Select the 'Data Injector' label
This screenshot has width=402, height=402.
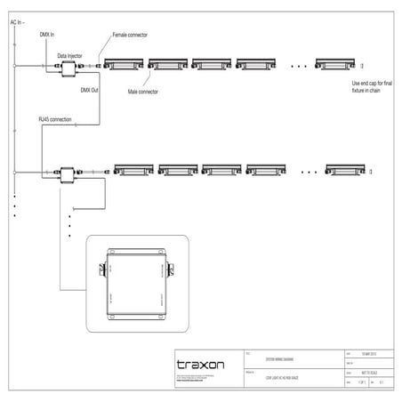coord(69,54)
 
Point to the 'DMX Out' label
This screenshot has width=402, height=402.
coord(90,90)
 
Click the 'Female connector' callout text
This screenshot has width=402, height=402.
coord(130,35)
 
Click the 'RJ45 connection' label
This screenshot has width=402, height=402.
coord(55,118)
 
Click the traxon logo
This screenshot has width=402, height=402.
coord(200,365)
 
